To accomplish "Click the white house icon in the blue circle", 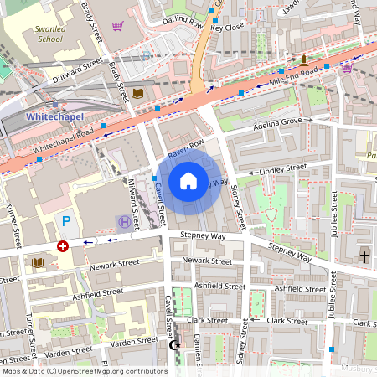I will (188, 180).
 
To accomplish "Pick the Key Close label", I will (227, 28).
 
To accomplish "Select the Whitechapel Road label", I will (65, 142).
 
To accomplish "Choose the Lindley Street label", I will (283, 169).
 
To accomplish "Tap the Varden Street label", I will (69, 351).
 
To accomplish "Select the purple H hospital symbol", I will (124, 222).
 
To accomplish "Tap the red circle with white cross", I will (62, 246).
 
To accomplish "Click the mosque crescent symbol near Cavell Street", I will (175, 344).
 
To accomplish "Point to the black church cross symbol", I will (364, 255).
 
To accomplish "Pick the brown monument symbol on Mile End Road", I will (304, 59).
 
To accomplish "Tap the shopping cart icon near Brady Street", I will (117, 26).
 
